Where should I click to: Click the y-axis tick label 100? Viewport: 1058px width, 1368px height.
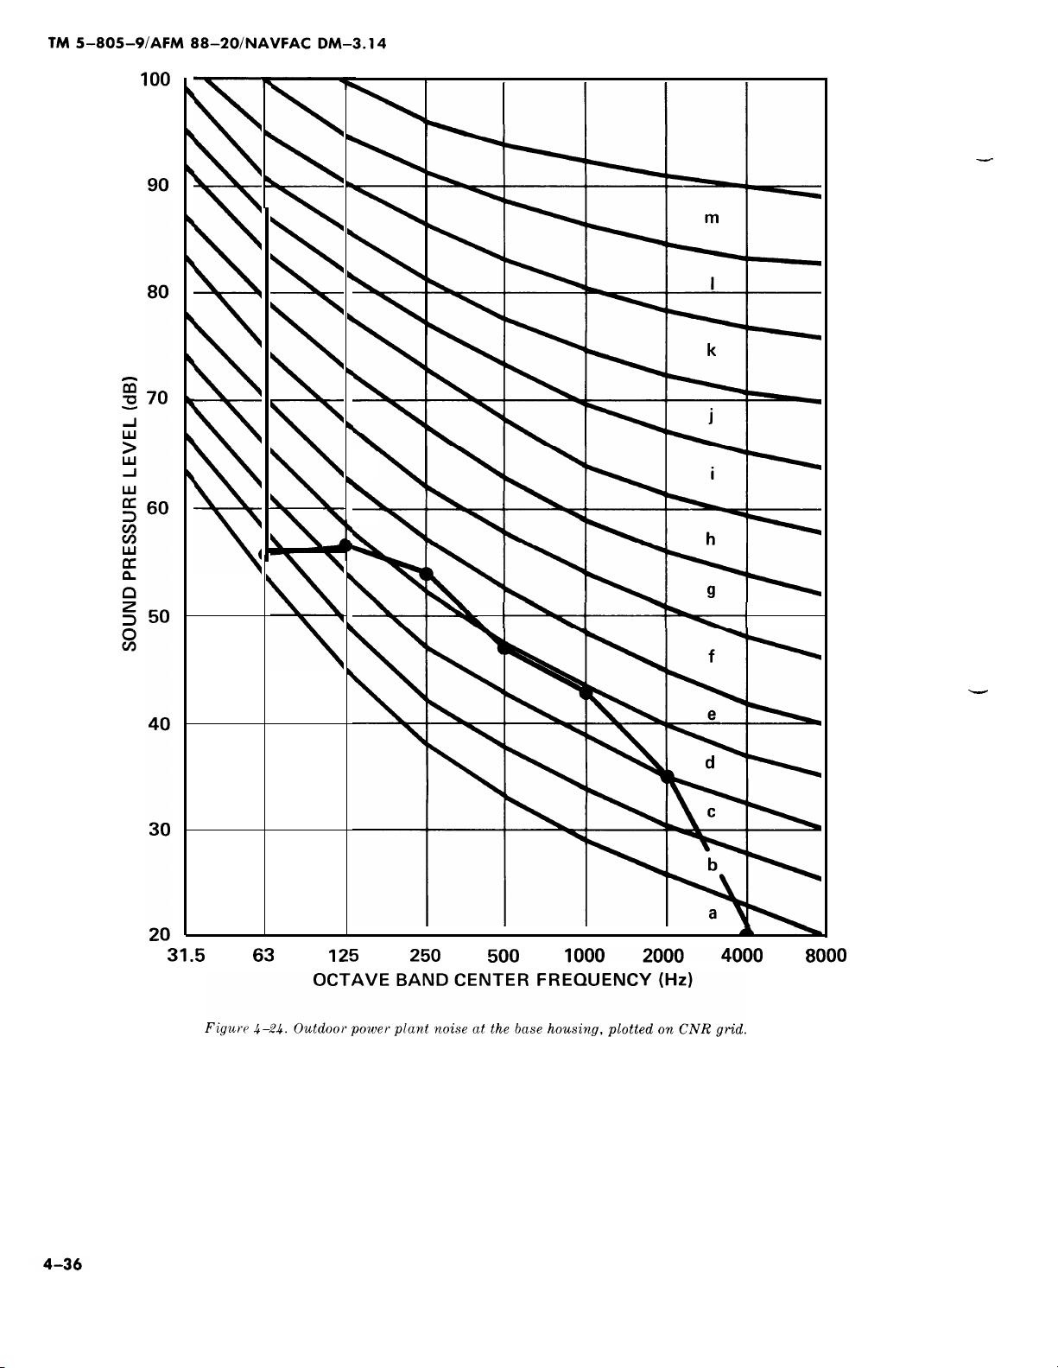pyautogui.click(x=155, y=80)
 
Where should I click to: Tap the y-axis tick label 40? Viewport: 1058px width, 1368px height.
pyautogui.click(x=158, y=724)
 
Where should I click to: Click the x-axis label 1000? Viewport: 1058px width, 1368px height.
pyautogui.click(x=584, y=956)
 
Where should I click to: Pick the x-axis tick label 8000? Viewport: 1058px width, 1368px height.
pyautogui.click(x=827, y=956)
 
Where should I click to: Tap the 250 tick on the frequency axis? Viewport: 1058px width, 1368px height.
pyautogui.click(x=425, y=956)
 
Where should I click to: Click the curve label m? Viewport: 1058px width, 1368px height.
pyautogui.click(x=711, y=219)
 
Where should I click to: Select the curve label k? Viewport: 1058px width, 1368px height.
pyautogui.click(x=711, y=350)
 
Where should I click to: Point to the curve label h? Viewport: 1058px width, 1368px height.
pyautogui.click(x=711, y=538)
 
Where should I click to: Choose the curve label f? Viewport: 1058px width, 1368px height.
pyautogui.click(x=711, y=656)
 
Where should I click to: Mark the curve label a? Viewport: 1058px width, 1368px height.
pyautogui.click(x=712, y=913)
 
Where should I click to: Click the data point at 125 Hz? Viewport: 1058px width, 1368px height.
pyautogui.click(x=345, y=544)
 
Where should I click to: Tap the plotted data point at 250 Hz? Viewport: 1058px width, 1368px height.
pyautogui.click(x=426, y=574)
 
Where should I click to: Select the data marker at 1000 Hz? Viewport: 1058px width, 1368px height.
pyautogui.click(x=586, y=692)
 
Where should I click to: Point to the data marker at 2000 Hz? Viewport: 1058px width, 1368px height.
pyautogui.click(x=667, y=776)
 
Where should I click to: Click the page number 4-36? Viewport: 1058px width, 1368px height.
pyautogui.click(x=62, y=1265)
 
